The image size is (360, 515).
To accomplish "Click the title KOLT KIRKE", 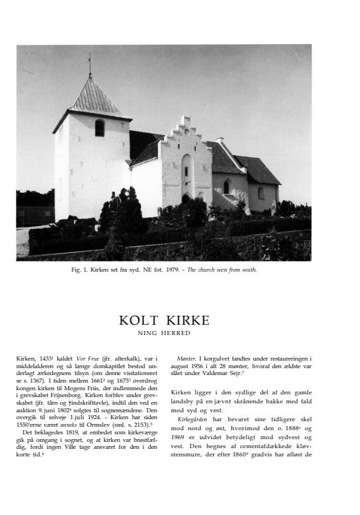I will click(164, 321).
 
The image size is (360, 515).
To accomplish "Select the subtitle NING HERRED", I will click(163, 333).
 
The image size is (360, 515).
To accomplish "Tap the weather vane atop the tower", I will click(88, 61).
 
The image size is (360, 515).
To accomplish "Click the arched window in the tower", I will click(99, 128).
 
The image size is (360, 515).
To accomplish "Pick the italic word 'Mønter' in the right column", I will click(186, 359).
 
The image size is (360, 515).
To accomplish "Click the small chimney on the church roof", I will click(220, 141).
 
